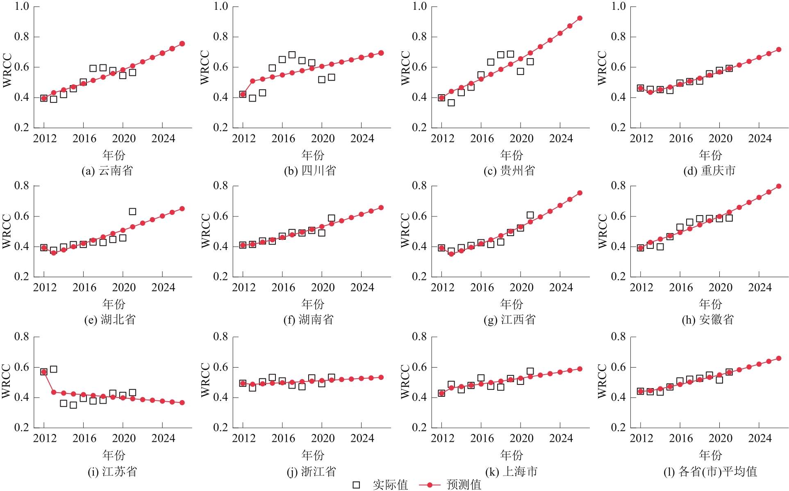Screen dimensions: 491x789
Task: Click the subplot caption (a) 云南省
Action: coord(107,170)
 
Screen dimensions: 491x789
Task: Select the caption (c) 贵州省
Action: coord(509,170)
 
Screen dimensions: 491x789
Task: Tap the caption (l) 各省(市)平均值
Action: coord(710,471)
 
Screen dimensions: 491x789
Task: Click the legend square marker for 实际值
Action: coord(357,485)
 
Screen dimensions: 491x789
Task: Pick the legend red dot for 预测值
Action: coord(430,485)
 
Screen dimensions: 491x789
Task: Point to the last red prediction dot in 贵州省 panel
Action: coord(580,18)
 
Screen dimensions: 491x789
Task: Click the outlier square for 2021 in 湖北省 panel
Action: coord(132,211)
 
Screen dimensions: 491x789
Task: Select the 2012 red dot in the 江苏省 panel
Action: coord(44,372)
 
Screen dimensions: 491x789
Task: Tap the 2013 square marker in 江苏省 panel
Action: coord(53,369)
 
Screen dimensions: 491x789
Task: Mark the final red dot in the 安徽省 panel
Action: coord(779,186)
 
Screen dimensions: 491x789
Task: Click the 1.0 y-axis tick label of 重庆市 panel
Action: coord(618,6)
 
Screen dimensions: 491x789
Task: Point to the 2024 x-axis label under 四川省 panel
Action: coord(362,139)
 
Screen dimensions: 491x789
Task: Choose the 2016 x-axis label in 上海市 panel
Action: coord(482,438)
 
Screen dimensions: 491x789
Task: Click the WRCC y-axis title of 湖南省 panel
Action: coord(205,230)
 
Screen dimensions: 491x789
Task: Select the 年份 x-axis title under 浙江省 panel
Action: coord(313,455)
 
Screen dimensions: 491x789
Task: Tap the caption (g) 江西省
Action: coord(509,320)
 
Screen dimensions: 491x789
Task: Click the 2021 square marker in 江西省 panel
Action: coord(530,215)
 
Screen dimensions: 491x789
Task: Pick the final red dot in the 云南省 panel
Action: coord(182,43)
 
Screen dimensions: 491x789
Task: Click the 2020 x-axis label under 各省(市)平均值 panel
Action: coord(721,438)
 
